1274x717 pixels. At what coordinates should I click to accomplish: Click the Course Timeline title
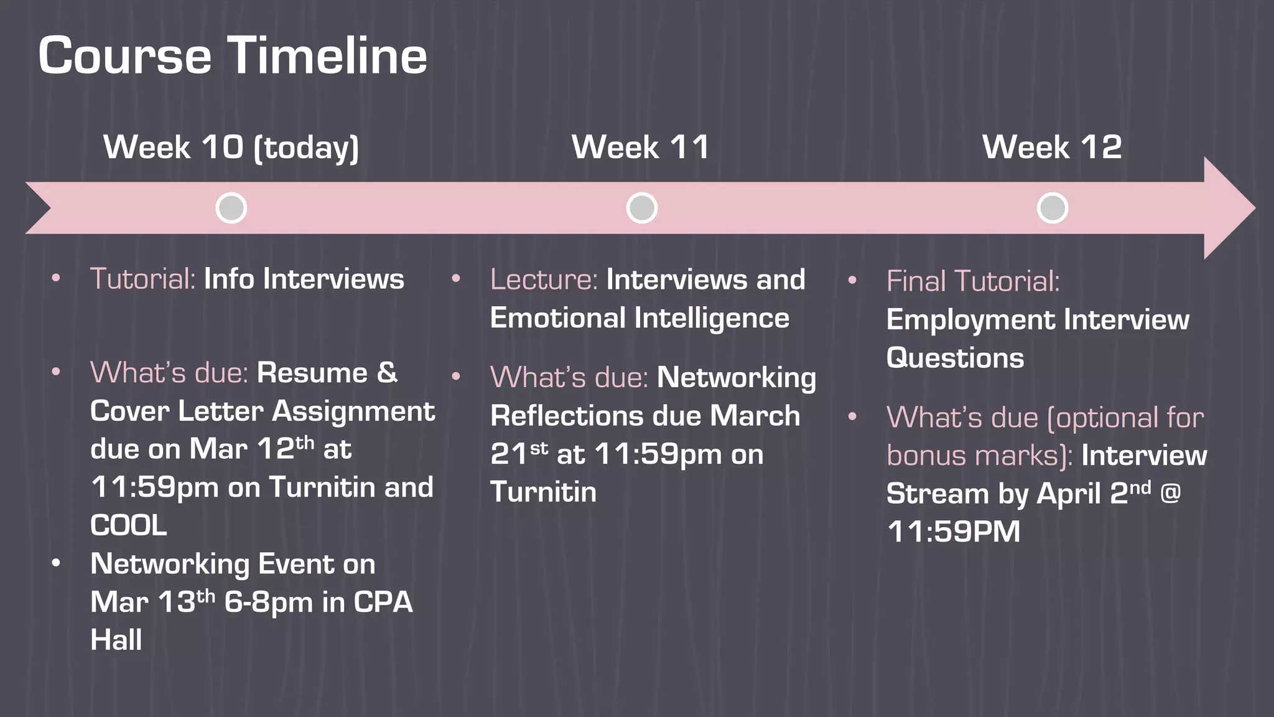click(x=233, y=55)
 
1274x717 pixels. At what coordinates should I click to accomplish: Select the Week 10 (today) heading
click(x=231, y=148)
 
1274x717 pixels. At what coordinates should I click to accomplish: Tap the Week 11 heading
click(x=641, y=148)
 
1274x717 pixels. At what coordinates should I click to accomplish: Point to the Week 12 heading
click(x=1052, y=148)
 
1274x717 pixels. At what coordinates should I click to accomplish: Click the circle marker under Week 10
click(x=231, y=208)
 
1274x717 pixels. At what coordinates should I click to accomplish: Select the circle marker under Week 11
click(x=642, y=208)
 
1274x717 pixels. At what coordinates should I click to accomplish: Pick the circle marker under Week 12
click(x=1053, y=208)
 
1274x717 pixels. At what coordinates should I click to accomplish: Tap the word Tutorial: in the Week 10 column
click(x=143, y=279)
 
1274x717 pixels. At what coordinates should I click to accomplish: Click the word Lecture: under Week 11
click(x=544, y=279)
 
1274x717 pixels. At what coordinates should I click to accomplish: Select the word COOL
click(x=129, y=525)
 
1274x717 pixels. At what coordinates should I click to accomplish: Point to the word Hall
click(x=116, y=640)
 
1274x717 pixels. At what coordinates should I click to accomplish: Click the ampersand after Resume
click(x=387, y=373)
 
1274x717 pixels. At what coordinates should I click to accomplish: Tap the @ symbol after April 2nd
click(x=1170, y=494)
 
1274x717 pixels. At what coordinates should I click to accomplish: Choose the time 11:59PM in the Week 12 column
click(x=954, y=532)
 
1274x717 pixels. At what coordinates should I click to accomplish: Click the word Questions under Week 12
click(x=955, y=358)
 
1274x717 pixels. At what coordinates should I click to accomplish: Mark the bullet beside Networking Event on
click(x=56, y=563)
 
